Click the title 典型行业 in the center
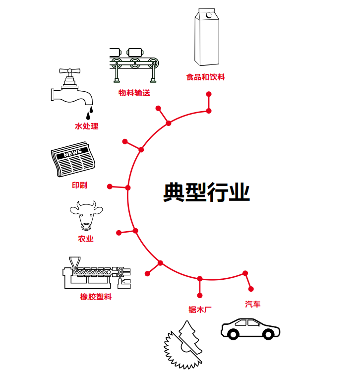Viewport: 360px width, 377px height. [206, 192]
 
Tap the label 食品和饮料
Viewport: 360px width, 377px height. [205, 77]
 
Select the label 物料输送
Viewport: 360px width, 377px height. [134, 93]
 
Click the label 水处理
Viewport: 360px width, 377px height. [86, 126]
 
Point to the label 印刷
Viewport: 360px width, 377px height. [79, 185]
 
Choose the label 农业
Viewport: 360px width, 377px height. [85, 239]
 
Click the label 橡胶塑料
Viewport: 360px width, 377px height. [96, 297]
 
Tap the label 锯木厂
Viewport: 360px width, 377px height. [200, 310]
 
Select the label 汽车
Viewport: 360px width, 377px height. [252, 304]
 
